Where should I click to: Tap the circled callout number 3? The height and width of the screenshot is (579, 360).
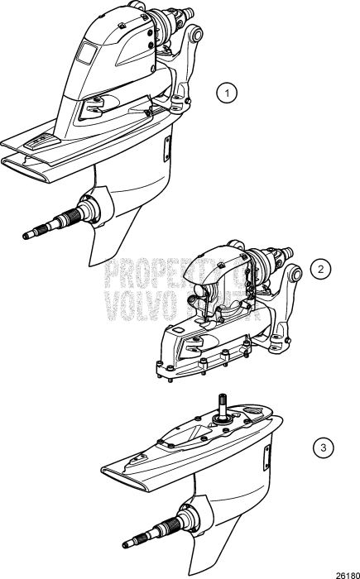(x=324, y=448)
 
